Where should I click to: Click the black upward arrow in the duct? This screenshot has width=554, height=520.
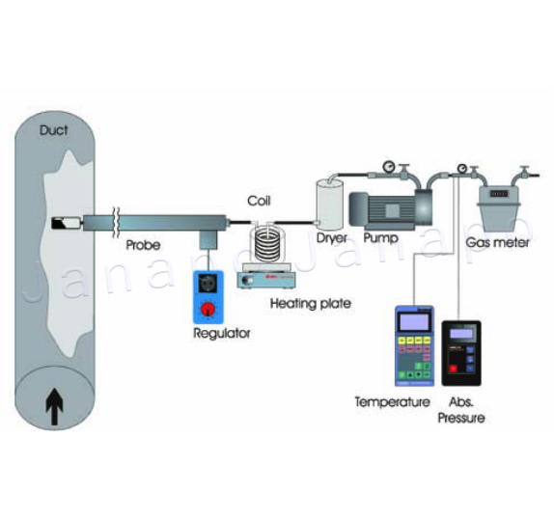click(x=54, y=406)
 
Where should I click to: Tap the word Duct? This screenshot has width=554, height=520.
click(x=53, y=130)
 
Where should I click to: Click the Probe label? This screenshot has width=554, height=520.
click(x=143, y=245)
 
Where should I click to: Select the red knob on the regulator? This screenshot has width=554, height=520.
click(x=208, y=309)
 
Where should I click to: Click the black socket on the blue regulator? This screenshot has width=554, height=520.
click(x=208, y=284)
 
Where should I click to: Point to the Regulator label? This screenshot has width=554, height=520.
click(x=222, y=333)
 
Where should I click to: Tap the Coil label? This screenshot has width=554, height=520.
click(x=259, y=201)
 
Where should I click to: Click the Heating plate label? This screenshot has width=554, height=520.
click(x=311, y=304)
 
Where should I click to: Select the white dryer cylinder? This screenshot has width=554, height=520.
click(x=330, y=204)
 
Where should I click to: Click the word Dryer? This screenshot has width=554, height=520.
click(x=332, y=238)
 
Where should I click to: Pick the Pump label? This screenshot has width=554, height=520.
click(x=381, y=238)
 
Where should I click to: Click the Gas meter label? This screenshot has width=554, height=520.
click(x=497, y=243)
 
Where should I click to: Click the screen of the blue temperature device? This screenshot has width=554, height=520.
click(x=414, y=321)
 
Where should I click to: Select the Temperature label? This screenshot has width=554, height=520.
click(x=392, y=402)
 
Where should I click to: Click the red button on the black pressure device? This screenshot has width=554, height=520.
click(x=453, y=369)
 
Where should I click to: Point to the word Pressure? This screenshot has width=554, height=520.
click(x=461, y=418)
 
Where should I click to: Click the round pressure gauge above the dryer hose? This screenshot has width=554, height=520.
click(x=389, y=166)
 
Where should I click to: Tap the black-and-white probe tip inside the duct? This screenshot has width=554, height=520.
click(x=67, y=223)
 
